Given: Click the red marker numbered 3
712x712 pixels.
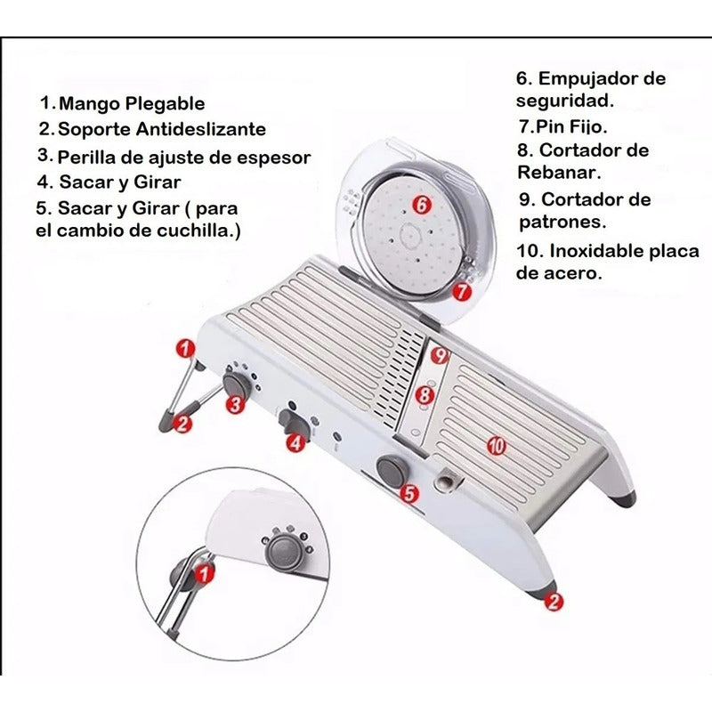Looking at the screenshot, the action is click(236, 404).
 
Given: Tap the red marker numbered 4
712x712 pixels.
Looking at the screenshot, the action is click(295, 441).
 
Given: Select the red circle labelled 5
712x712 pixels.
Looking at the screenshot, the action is click(410, 493).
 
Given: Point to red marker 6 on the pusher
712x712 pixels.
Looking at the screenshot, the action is click(422, 206).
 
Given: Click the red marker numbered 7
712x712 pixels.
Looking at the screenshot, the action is click(462, 291).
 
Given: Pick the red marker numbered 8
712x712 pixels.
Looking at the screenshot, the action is click(425, 394).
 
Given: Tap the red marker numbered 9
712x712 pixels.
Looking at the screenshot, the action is click(440, 355).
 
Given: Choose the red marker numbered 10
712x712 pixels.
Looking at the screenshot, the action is click(497, 446).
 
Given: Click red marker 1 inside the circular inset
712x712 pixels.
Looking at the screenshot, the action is click(205, 573).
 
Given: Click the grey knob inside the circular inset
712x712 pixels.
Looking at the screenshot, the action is click(285, 552).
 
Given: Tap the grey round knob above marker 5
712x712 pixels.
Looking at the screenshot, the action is click(391, 472).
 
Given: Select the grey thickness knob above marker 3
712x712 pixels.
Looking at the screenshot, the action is click(236, 384).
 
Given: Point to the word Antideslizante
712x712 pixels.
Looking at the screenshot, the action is click(201, 129).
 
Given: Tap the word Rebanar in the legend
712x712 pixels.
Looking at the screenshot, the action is click(560, 173).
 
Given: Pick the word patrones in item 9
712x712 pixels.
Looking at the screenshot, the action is click(562, 222).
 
